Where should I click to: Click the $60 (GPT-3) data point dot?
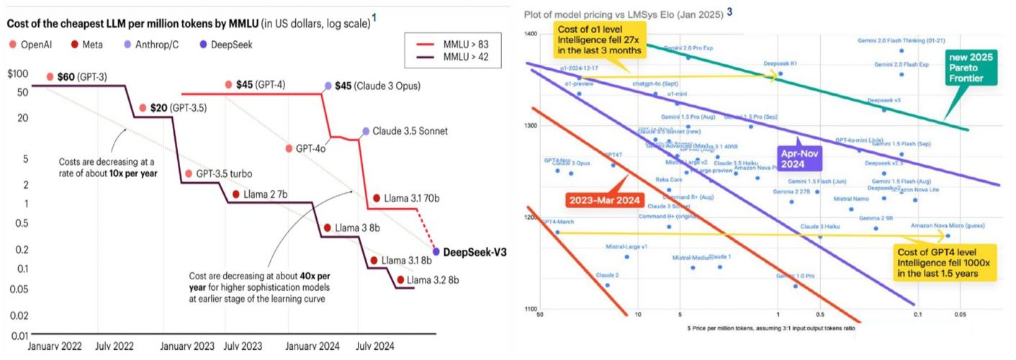(50, 77)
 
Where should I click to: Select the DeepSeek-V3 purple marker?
(436, 252)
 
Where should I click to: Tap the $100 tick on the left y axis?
(18, 74)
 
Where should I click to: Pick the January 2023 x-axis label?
(187, 346)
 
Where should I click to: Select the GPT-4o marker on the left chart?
(289, 149)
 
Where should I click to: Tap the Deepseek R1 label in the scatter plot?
(781, 63)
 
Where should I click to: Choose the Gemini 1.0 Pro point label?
(795, 276)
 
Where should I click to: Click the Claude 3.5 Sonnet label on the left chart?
(410, 131)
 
